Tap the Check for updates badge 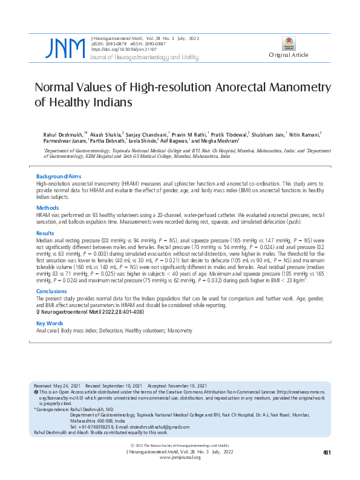[x=289, y=44]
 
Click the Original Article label [x=289, y=55]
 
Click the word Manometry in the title [x=287, y=88]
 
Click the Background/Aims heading [x=59, y=177]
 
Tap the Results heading [x=45, y=233]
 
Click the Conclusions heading [x=51, y=291]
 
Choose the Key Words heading [x=50, y=323]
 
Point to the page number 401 [x=327, y=452]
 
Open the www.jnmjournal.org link [x=180, y=458]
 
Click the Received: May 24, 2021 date [x=59, y=385]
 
